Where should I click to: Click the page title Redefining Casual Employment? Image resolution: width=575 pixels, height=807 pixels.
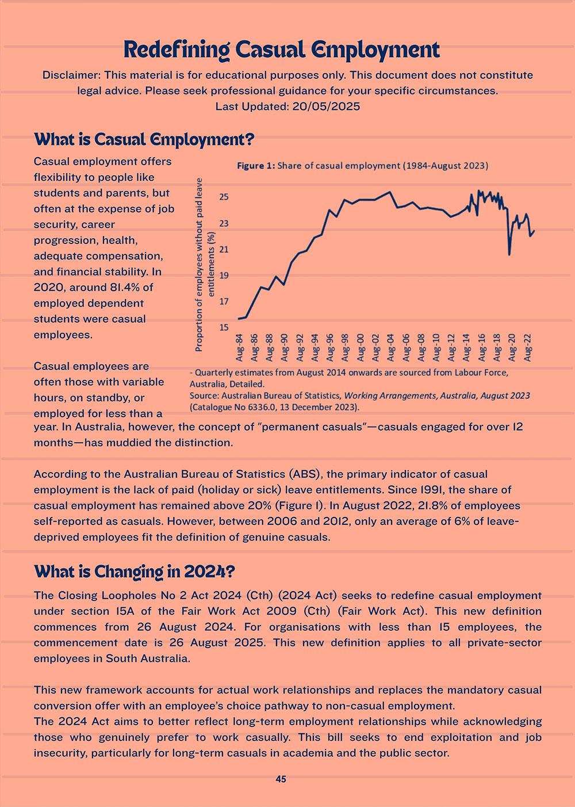pyautogui.click(x=282, y=50)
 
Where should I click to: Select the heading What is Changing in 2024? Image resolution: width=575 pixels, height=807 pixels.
pyautogui.click(x=134, y=572)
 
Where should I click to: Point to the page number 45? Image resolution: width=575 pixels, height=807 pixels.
pyautogui.click(x=281, y=779)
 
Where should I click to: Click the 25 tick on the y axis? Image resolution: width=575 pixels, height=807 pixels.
pyautogui.click(x=224, y=197)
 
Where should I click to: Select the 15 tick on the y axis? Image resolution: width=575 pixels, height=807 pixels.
pyautogui.click(x=224, y=327)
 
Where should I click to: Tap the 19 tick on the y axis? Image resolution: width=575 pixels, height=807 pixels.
pyautogui.click(x=224, y=275)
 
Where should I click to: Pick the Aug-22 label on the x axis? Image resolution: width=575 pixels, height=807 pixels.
pyautogui.click(x=527, y=348)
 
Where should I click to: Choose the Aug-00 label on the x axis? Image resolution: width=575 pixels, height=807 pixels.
pyautogui.click(x=361, y=348)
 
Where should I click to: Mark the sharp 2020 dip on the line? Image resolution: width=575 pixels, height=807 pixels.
pyautogui.click(x=509, y=254)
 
